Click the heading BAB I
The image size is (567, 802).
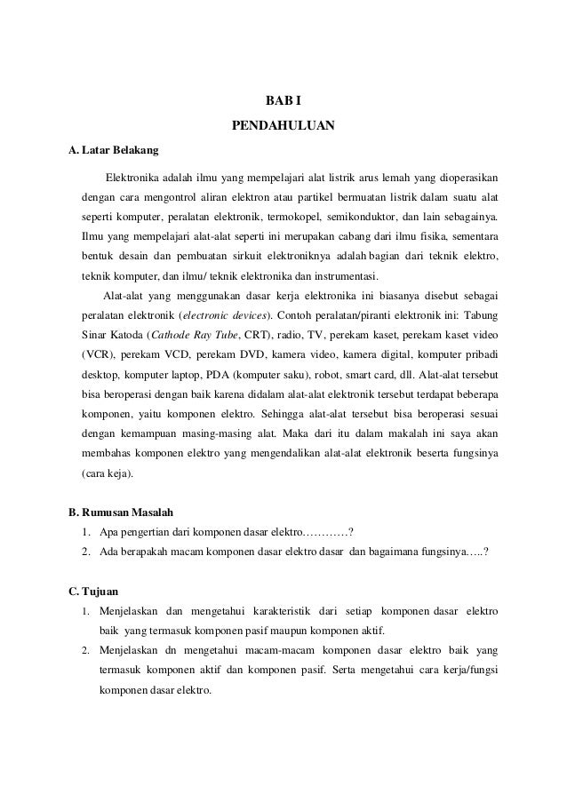click(283, 101)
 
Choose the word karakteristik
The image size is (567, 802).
click(278, 611)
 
